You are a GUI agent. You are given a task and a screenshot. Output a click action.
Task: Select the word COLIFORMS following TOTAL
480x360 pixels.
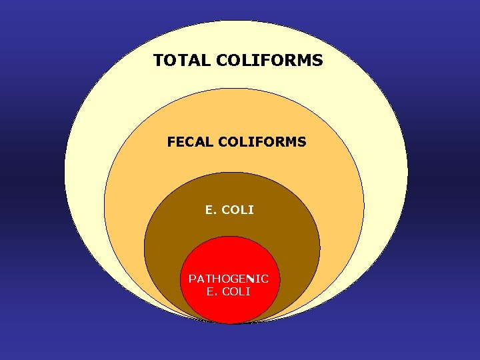(269, 61)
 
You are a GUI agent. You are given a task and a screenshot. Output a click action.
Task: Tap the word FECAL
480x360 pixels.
(188, 142)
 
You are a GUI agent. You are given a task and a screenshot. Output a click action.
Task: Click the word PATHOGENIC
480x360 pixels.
(229, 279)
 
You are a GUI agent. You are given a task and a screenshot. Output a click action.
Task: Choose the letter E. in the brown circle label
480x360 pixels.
(211, 210)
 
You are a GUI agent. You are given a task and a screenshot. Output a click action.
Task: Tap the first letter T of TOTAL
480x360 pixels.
(159, 61)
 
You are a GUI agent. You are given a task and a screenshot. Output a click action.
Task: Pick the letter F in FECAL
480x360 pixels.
(171, 142)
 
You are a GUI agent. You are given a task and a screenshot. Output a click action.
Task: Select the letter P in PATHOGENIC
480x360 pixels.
(192, 279)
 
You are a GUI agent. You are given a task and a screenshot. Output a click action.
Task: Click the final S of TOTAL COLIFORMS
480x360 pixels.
(318, 61)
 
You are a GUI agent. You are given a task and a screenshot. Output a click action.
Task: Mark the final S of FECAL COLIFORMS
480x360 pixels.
(303, 142)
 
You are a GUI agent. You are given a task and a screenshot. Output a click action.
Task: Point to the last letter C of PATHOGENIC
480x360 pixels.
(265, 279)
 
